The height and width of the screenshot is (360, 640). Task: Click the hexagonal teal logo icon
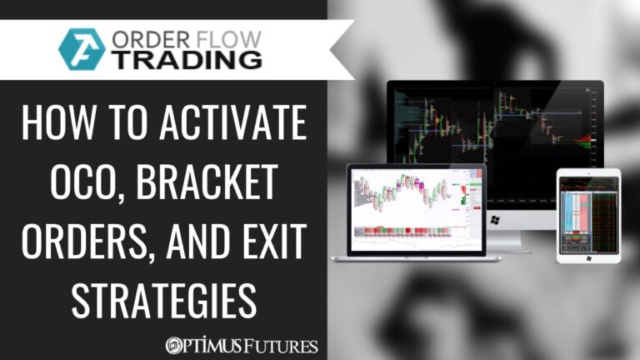tap(82, 49)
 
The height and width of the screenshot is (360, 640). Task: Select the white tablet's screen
tap(588, 213)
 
